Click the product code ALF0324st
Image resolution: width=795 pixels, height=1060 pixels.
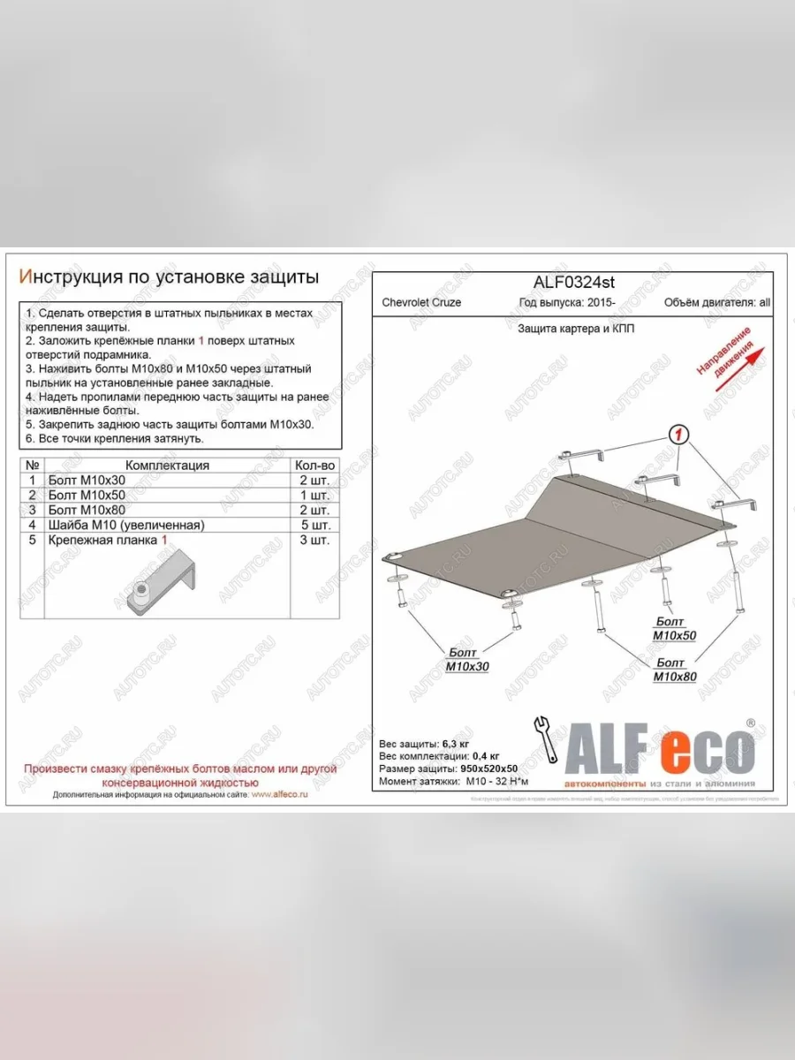point(573,283)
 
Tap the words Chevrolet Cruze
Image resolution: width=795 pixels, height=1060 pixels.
point(421,302)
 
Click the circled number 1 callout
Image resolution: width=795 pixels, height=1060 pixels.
point(678,434)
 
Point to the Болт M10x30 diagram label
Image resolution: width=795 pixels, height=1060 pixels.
point(467,661)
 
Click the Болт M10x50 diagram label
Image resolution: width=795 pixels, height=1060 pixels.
point(675,629)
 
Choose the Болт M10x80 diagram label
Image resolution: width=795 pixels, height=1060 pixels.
point(675,670)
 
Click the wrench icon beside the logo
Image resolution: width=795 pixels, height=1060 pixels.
point(545,739)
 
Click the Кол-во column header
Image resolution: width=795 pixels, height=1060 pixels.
point(314,466)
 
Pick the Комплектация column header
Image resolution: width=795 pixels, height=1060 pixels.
point(167,466)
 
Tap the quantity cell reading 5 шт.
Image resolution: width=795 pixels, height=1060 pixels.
point(314,525)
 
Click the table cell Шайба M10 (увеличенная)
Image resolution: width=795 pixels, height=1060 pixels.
point(126,525)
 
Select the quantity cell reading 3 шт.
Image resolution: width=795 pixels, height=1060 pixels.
point(314,540)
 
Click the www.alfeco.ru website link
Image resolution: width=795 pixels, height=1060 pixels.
point(280,795)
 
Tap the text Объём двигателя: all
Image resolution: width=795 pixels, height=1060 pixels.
point(716,302)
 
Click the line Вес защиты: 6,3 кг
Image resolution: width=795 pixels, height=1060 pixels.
point(424,744)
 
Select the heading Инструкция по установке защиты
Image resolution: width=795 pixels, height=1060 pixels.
point(169,276)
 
